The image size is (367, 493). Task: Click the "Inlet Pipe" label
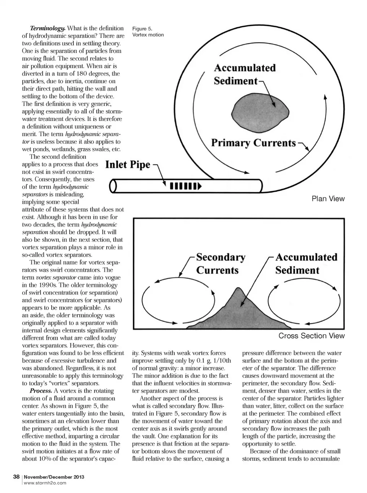tap(128, 165)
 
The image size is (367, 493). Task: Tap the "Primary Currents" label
tap(253, 143)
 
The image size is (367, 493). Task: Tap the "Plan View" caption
tap(328, 199)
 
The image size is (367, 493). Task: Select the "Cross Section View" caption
tap(311, 336)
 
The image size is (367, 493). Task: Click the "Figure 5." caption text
tap(142, 28)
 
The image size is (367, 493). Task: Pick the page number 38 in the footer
tap(16, 477)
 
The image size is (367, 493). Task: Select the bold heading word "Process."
tap(41, 391)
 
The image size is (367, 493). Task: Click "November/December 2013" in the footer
tap(54, 477)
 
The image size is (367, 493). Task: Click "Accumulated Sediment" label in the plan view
tap(245, 74)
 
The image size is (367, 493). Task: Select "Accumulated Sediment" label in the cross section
tap(306, 264)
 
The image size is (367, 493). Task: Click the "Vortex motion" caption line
tap(148, 35)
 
